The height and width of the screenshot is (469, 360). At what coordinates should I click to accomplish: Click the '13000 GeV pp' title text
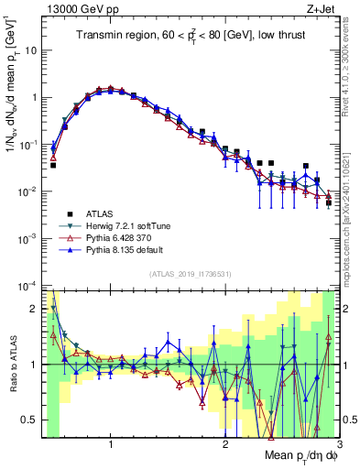76,7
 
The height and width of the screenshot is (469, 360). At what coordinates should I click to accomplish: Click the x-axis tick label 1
111,445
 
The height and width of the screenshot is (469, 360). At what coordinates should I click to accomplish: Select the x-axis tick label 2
224,445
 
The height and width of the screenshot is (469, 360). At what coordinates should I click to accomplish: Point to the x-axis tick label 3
338,445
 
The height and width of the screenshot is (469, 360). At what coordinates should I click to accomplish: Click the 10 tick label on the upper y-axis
29,49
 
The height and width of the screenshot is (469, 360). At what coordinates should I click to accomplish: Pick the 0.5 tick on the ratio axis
29,420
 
